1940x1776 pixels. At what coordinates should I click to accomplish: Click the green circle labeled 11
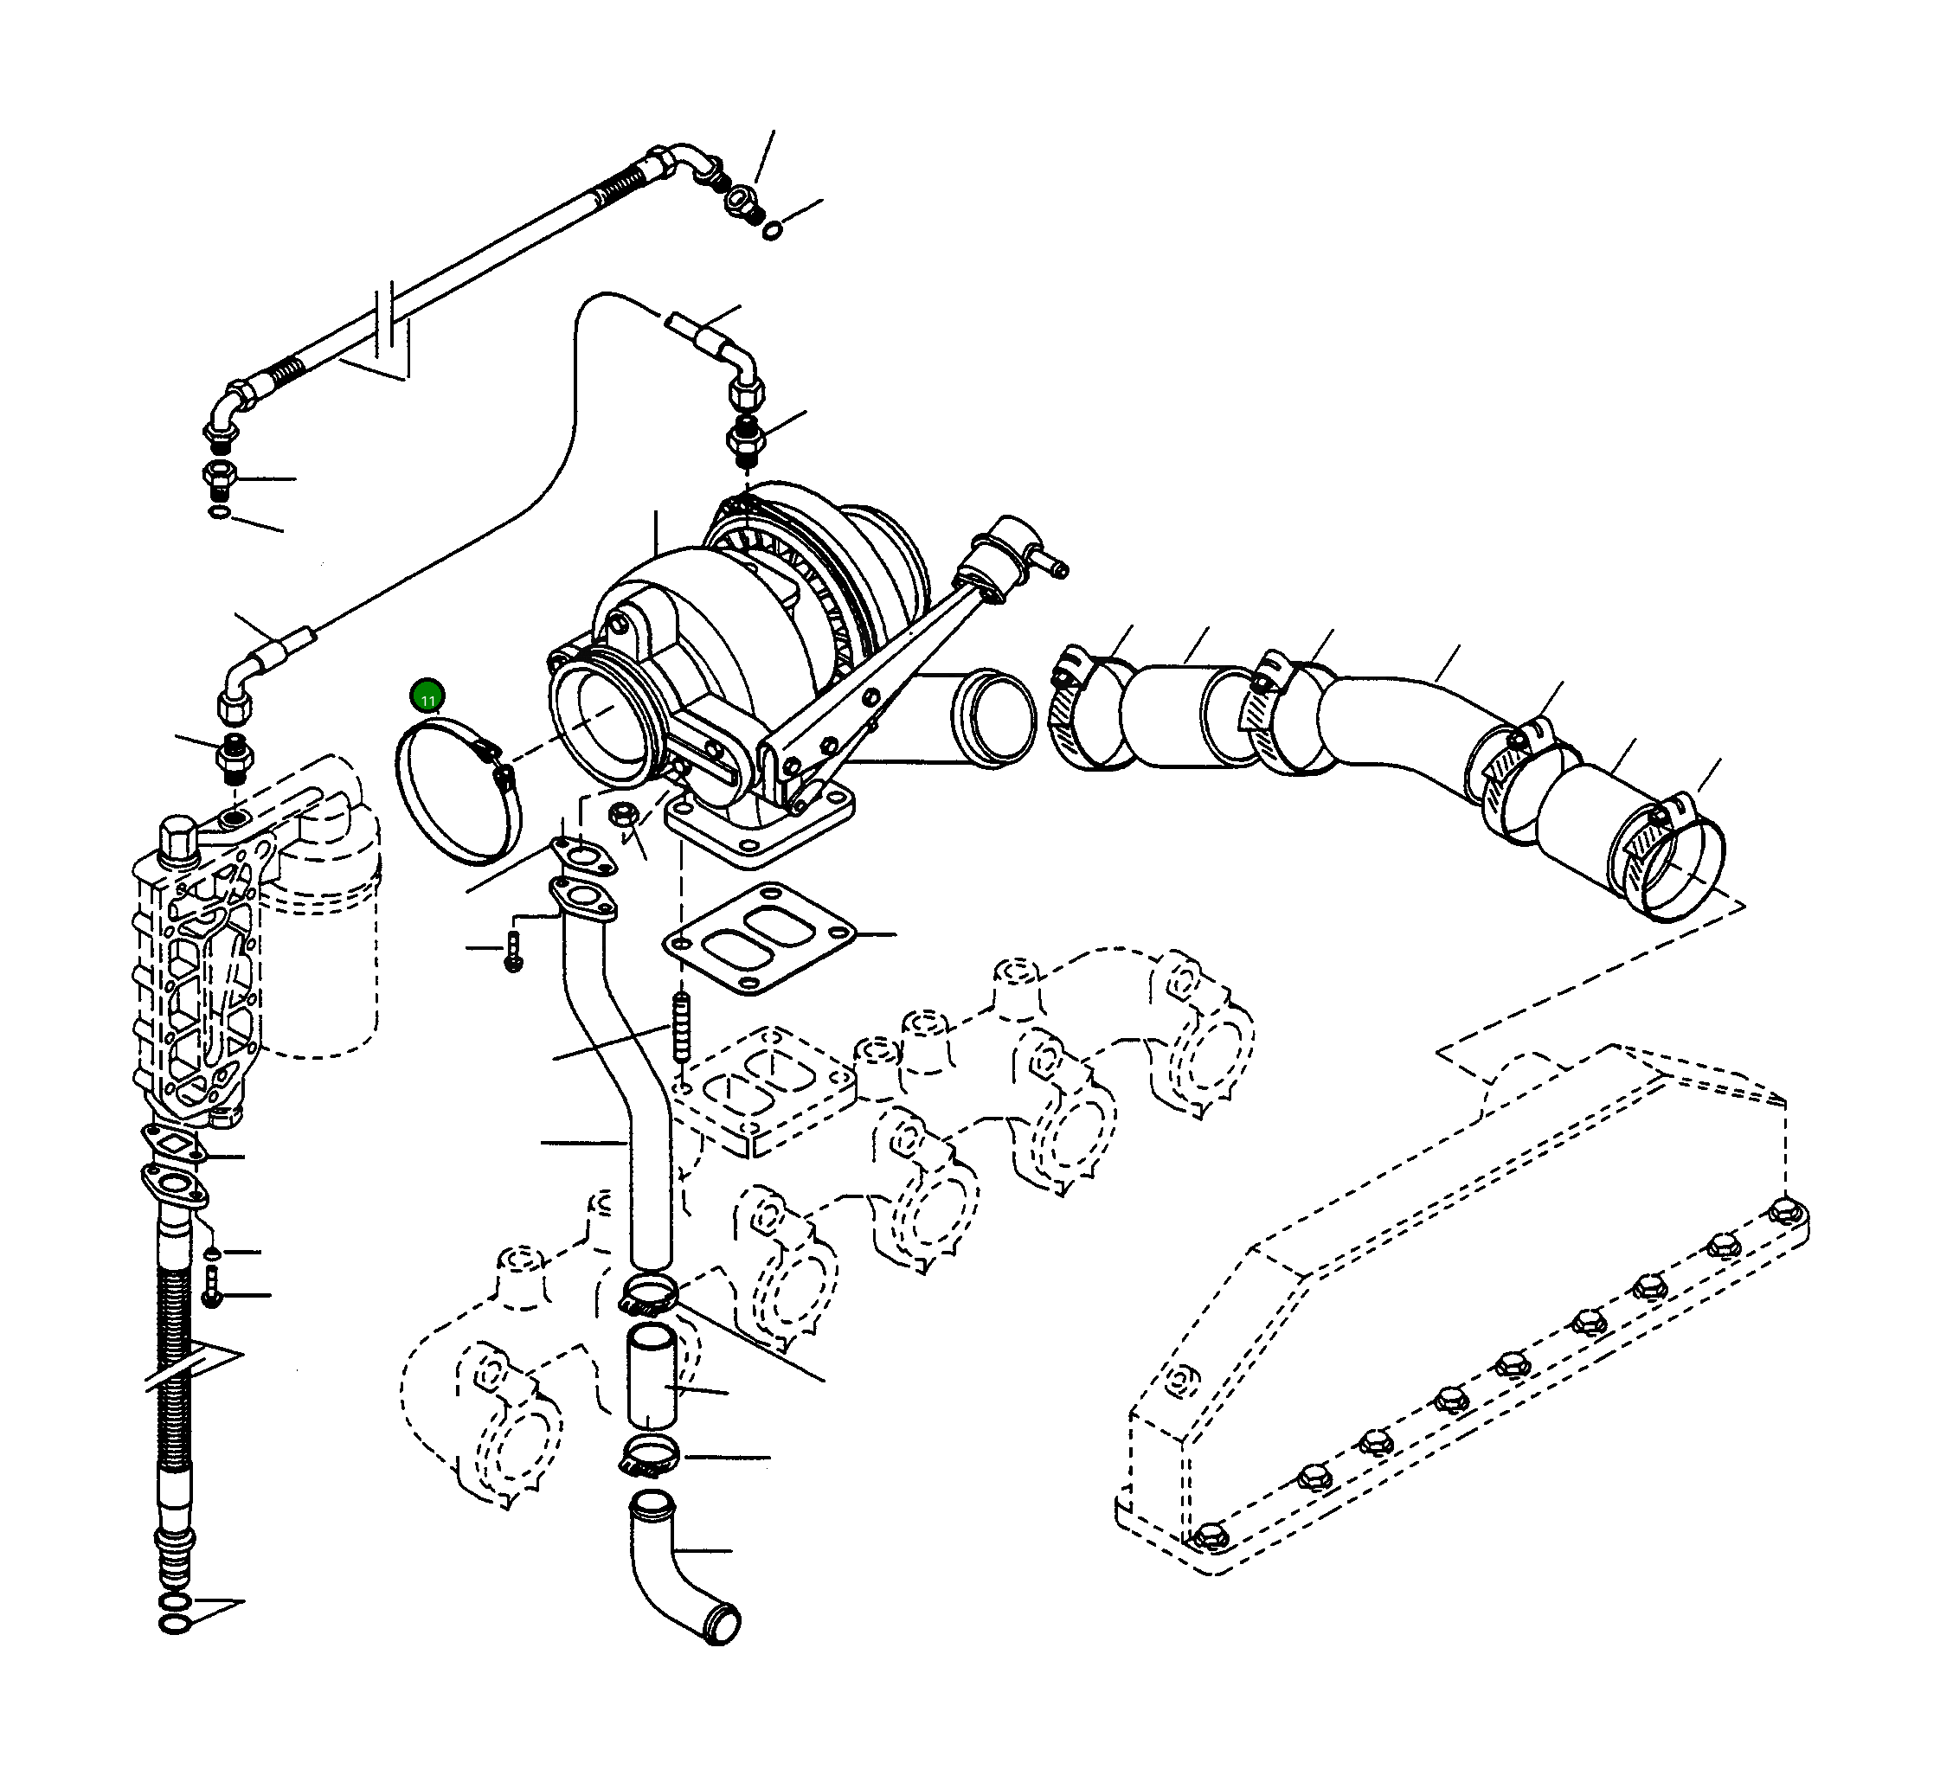(x=427, y=696)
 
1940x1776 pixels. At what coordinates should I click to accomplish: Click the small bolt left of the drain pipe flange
(x=513, y=952)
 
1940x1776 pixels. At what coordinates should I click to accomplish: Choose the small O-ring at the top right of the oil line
(x=773, y=231)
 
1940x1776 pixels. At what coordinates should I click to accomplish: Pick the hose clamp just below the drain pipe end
(x=649, y=1296)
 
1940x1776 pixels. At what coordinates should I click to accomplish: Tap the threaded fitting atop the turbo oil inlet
(x=744, y=443)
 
